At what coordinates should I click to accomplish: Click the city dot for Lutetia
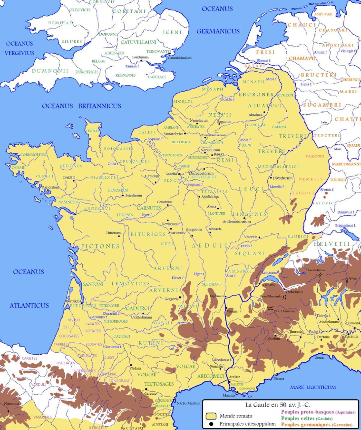coord(179,174)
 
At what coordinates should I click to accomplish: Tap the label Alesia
coord(211,207)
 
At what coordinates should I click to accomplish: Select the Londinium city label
coord(140,57)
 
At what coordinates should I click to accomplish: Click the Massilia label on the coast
coord(229,395)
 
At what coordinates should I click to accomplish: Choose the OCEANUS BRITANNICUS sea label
coord(81,106)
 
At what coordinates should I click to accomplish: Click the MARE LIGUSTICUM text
coord(313,387)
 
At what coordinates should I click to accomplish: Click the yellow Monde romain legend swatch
coord(211,416)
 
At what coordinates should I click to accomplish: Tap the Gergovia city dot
coord(180,298)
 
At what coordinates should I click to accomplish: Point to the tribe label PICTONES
coord(100,246)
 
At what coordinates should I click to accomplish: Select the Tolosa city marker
coord(131,365)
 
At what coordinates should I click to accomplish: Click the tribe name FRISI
coord(261,52)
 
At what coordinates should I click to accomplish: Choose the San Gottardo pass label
coord(315,270)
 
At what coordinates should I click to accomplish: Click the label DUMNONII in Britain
coord(50,71)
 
